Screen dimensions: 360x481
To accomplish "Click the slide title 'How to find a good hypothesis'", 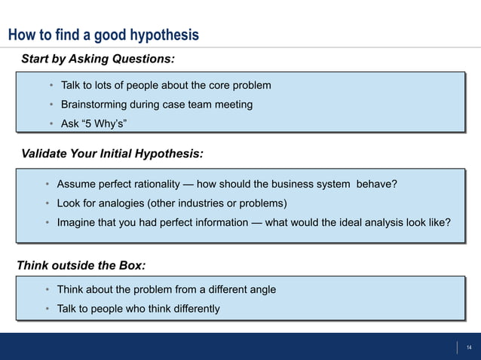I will click(103, 35).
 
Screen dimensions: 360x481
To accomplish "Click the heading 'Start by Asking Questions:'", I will click(97, 59).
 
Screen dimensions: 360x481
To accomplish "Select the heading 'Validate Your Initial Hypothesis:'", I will click(112, 154).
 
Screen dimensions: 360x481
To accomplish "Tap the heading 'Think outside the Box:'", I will click(81, 265).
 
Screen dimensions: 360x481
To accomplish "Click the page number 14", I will click(468, 347).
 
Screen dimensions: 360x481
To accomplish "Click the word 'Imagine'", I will click(77, 223).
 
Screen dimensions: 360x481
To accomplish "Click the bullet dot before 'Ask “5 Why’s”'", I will click(51, 124).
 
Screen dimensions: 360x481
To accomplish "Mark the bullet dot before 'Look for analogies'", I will click(47, 204).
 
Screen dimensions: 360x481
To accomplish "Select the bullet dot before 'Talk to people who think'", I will click(47, 310).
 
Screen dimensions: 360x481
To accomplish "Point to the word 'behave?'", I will click(378, 185).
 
